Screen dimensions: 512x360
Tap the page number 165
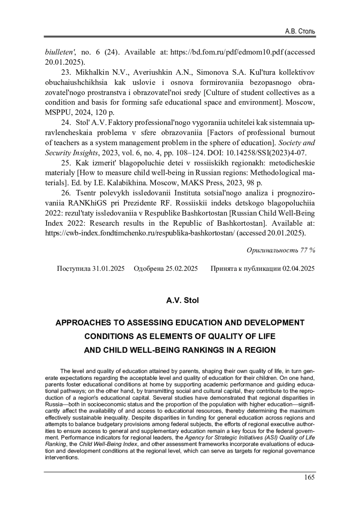[x=309, y=477]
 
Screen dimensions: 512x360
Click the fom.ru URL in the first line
[x=227, y=52]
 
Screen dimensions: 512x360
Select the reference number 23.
[x=66, y=72]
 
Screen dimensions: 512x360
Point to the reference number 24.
[x=66, y=123]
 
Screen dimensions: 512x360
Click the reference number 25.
[x=66, y=163]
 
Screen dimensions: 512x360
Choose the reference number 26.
[x=66, y=193]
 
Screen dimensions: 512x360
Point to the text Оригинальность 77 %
[x=280, y=250]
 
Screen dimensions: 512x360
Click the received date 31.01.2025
[x=108, y=268]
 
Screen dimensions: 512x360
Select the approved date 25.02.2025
[x=181, y=268]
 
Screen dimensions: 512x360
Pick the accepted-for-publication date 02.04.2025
[x=298, y=268]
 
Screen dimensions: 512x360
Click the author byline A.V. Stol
[x=182, y=300]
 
